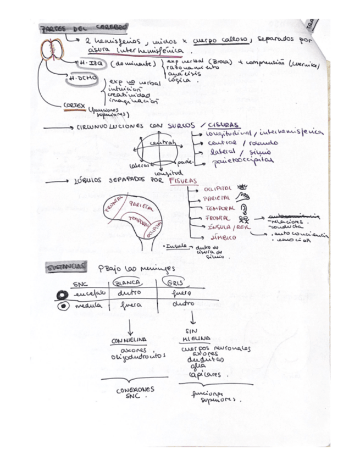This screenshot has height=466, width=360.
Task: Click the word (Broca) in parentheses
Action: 206,60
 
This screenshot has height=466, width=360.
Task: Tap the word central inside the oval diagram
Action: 158,144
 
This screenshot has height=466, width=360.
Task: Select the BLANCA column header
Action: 125,282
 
